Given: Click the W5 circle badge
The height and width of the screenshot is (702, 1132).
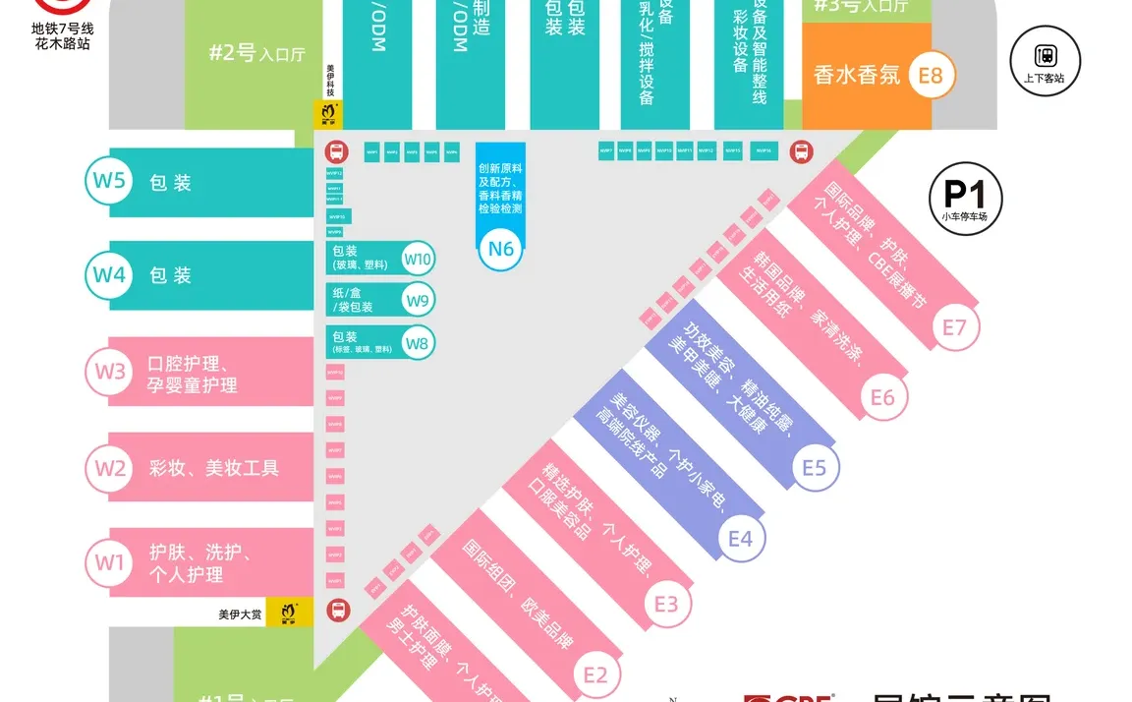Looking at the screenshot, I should pyautogui.click(x=109, y=181).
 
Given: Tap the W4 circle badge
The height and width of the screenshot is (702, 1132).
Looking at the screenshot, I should pyautogui.click(x=109, y=275).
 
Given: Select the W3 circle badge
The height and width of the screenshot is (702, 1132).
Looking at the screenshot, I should pyautogui.click(x=110, y=372).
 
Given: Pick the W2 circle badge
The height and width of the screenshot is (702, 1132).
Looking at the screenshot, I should pyautogui.click(x=110, y=468).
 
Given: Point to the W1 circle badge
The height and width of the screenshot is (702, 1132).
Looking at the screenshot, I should pyautogui.click(x=110, y=562).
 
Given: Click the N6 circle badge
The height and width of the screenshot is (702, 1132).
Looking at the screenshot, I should pyautogui.click(x=501, y=249).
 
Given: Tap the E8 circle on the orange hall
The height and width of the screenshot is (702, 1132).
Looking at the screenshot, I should pyautogui.click(x=931, y=74).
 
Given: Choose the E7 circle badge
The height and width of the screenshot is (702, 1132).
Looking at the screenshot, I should pyautogui.click(x=954, y=326).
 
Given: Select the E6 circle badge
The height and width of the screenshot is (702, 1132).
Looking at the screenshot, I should pyautogui.click(x=882, y=396).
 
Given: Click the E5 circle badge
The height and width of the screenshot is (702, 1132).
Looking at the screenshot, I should pyautogui.click(x=814, y=467).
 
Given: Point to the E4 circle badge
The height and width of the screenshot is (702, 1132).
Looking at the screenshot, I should pyautogui.click(x=740, y=538).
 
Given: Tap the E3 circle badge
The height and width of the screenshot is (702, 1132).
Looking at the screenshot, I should pyautogui.click(x=666, y=603).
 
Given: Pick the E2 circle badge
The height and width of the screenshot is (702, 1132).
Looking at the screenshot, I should pyautogui.click(x=595, y=674).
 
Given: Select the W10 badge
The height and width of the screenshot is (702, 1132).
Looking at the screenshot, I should pyautogui.click(x=418, y=260).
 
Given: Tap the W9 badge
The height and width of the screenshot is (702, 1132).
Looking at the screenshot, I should pyautogui.click(x=418, y=301).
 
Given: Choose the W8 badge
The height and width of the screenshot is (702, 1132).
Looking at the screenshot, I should pyautogui.click(x=418, y=343).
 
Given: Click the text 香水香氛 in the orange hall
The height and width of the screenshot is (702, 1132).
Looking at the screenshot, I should pyautogui.click(x=857, y=75).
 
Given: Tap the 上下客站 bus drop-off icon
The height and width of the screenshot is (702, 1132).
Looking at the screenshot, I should pyautogui.click(x=1045, y=60).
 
